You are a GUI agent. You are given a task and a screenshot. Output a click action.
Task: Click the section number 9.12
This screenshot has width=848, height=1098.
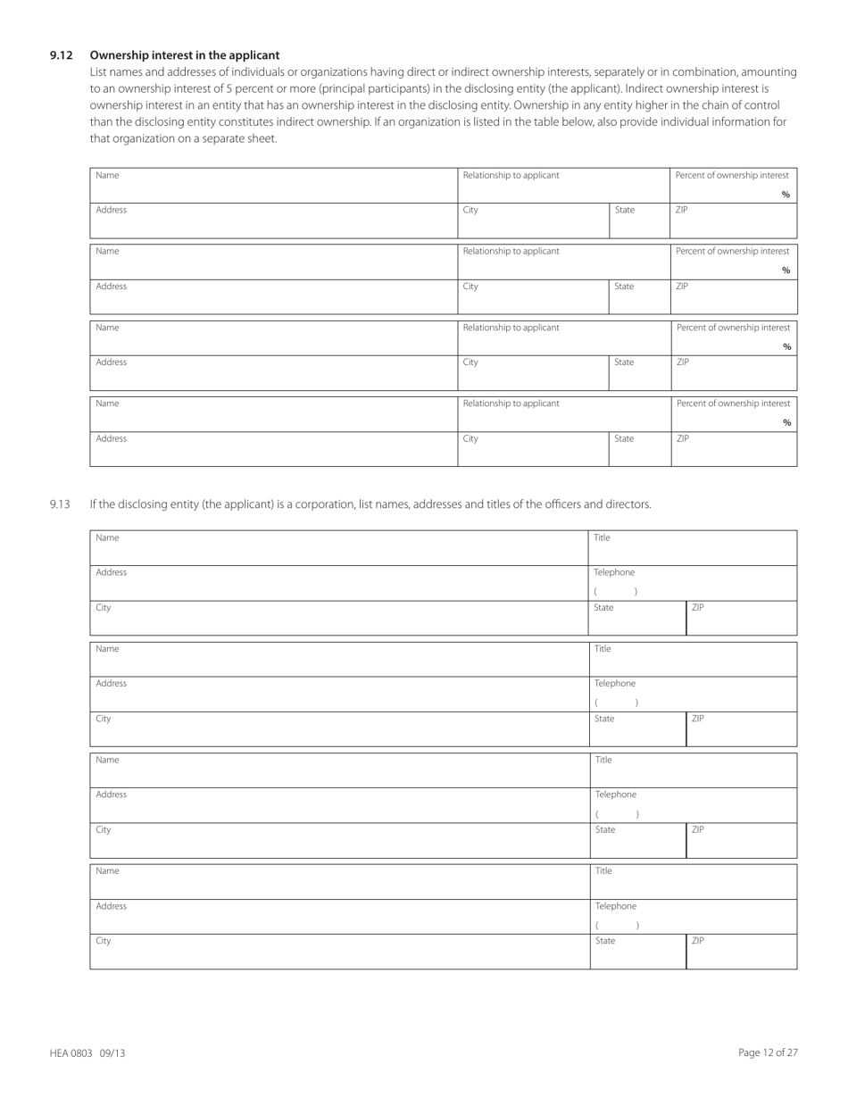click(61, 55)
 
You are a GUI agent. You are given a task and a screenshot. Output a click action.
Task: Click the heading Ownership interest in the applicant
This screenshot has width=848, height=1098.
click(184, 55)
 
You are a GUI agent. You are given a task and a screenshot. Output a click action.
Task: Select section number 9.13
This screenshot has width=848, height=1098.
click(60, 504)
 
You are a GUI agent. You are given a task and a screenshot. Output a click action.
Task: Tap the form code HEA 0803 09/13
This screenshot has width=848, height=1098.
click(87, 1053)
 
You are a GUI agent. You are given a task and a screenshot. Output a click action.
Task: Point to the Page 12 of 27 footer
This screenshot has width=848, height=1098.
click(768, 1053)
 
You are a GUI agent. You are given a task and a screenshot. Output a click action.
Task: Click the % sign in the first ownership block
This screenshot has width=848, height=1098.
click(786, 195)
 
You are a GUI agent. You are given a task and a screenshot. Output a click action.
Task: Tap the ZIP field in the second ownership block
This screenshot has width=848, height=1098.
click(733, 297)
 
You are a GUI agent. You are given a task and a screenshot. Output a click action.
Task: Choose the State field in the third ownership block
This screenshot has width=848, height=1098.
click(639, 373)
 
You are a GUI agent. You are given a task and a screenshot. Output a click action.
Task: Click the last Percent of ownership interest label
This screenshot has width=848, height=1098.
click(733, 403)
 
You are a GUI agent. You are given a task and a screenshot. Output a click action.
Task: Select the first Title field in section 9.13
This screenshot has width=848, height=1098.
click(693, 547)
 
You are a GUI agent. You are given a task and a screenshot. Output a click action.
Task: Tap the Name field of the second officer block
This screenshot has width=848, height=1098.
click(339, 658)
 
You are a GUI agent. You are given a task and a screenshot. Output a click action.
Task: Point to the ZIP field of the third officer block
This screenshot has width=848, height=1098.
click(741, 840)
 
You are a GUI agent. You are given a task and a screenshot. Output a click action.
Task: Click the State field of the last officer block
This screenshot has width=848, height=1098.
click(637, 952)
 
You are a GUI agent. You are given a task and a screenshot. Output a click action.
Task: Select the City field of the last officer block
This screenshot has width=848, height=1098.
click(339, 952)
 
